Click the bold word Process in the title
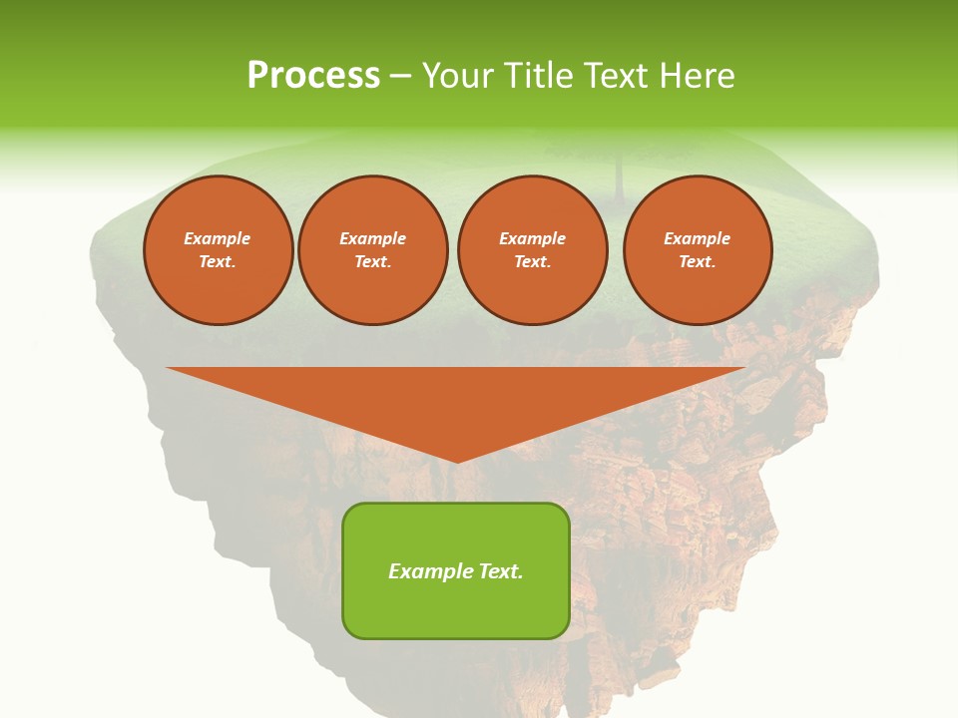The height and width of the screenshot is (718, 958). [313, 76]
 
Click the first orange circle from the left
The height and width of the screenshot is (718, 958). [219, 250]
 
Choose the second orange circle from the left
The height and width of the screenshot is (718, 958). [373, 250]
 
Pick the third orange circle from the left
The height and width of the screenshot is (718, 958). [533, 250]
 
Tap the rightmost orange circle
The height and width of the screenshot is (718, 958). [698, 250]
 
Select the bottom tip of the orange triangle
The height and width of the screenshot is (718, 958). [457, 462]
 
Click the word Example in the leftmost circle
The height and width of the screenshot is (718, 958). [218, 239]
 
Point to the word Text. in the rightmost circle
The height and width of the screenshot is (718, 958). [698, 262]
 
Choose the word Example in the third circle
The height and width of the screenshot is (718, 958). [533, 239]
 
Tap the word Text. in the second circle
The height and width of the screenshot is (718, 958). [373, 262]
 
